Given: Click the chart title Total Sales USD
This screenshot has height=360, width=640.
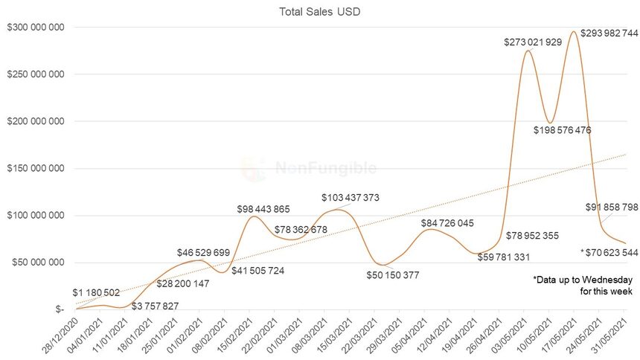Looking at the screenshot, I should pyautogui.click(x=319, y=11).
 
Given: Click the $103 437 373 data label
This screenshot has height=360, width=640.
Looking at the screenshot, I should pyautogui.click(x=351, y=198).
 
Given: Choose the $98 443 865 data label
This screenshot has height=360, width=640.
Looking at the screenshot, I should pyautogui.click(x=263, y=209).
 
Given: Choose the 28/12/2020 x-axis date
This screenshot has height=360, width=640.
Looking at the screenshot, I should pyautogui.click(x=60, y=332).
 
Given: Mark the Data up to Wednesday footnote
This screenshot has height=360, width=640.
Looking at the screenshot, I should pyautogui.click(x=582, y=286).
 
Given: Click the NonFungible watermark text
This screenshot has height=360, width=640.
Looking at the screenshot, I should pyautogui.click(x=325, y=168).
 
